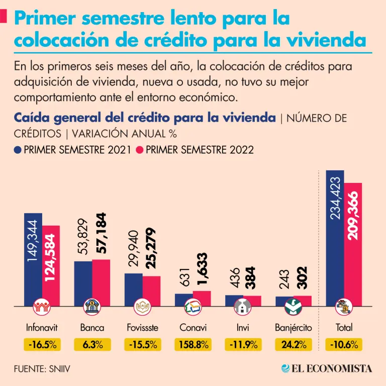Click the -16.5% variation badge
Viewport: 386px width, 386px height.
point(42,345)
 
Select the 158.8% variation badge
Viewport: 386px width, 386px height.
point(193,345)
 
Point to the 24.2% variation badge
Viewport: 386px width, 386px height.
point(294,345)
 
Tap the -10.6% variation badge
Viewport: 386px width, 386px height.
point(344,345)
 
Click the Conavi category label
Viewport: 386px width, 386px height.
point(193,328)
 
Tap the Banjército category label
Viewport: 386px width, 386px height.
point(294,328)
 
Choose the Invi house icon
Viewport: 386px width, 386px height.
point(243,306)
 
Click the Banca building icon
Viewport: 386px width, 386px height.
point(92,306)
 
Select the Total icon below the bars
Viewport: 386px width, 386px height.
point(344,306)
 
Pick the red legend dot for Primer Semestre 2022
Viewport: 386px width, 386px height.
point(141,150)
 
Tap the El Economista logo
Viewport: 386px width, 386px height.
point(327,368)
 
